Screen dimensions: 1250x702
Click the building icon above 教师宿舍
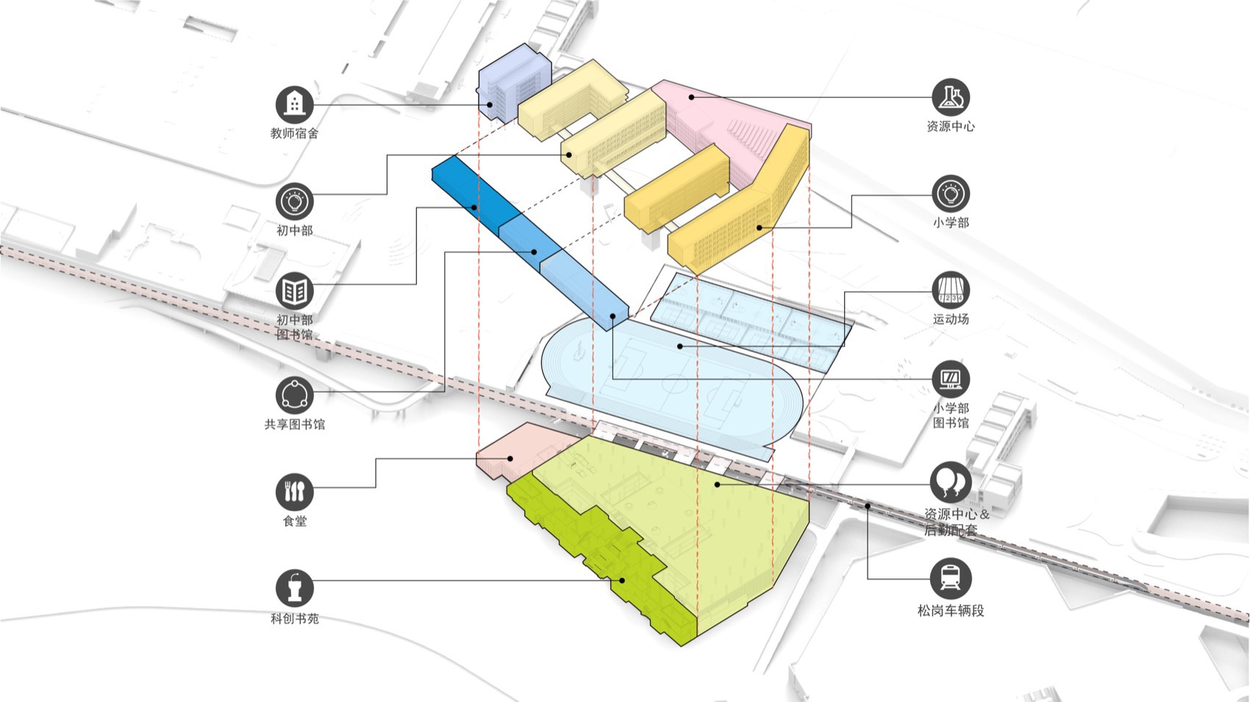[x=295, y=104]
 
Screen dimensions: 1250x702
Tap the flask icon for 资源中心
[x=951, y=96]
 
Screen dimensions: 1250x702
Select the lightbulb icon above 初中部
[x=295, y=201]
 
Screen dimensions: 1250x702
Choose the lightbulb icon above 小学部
[x=951, y=193]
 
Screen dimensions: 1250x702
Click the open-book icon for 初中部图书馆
[x=295, y=291]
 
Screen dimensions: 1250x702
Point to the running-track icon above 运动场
[x=951, y=290]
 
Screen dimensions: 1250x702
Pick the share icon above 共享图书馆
[x=295, y=395]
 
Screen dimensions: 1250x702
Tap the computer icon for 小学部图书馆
[x=951, y=379]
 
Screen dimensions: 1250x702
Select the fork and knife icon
[x=295, y=492]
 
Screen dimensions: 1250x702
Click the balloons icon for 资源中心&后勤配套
[x=951, y=481]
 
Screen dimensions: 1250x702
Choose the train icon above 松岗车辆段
[x=951, y=578]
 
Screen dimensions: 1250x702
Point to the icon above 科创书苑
[x=295, y=588]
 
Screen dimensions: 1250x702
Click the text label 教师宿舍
[x=295, y=133]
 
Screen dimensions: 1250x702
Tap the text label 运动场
[x=951, y=319]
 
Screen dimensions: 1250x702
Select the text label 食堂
[x=295, y=521]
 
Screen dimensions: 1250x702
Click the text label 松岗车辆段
[x=951, y=610]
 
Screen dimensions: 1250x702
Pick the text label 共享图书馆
[x=295, y=424]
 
